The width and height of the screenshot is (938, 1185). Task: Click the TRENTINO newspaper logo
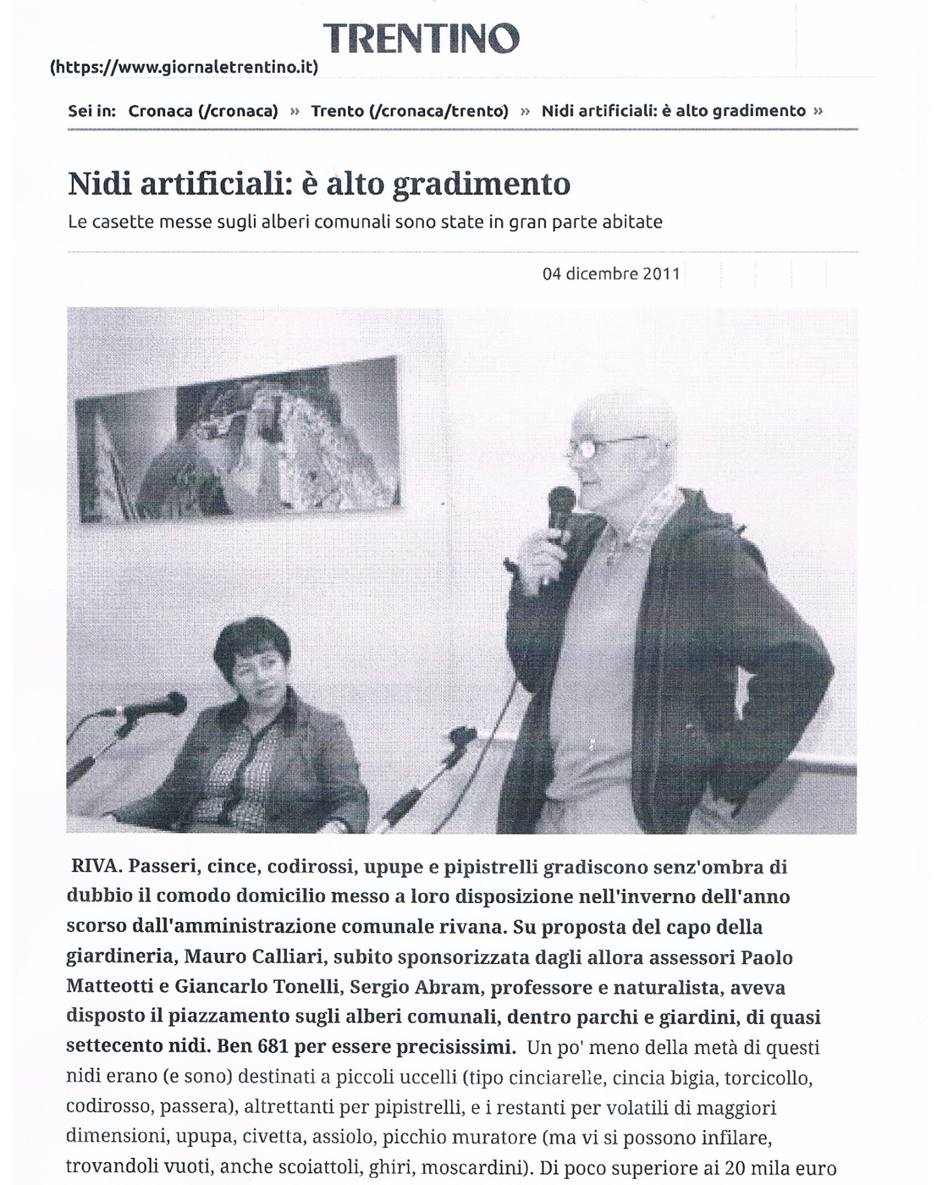(x=422, y=38)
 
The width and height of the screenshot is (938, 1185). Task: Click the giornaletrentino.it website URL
(x=184, y=67)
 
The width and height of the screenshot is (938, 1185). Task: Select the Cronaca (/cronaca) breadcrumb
(x=203, y=111)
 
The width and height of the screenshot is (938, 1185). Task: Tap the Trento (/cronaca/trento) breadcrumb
(x=409, y=111)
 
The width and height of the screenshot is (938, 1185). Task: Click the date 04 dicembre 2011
(x=611, y=273)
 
